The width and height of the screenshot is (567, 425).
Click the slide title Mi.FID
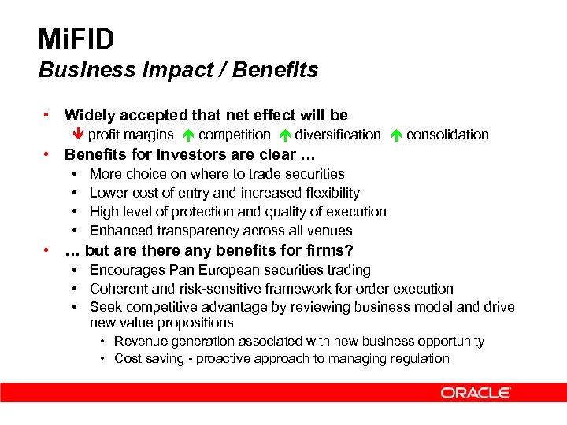tap(76, 39)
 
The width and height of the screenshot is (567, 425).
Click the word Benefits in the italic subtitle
tap(280, 70)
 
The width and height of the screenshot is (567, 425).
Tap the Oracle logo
tap(476, 393)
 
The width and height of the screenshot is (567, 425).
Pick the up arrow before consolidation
tap(396, 135)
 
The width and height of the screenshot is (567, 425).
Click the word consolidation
tap(447, 135)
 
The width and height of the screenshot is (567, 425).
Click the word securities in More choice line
tap(313, 174)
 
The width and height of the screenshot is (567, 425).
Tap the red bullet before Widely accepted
tap(49, 115)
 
